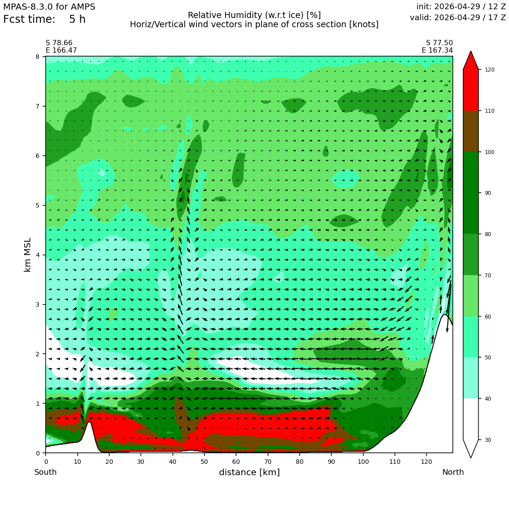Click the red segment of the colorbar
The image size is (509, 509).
point(471,90)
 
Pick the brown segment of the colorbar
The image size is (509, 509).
point(471,131)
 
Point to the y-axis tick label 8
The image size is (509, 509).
point(38,57)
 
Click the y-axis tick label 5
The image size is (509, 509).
point(38,205)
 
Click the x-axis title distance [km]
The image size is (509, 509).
point(249,472)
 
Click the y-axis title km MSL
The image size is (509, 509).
point(28,255)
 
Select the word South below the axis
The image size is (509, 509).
point(46,472)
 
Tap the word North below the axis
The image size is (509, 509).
point(453,472)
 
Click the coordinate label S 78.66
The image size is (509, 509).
point(59,43)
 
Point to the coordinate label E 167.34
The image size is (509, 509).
point(437,50)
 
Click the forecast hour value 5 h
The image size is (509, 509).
point(77,19)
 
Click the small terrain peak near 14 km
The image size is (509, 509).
point(89,422)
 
